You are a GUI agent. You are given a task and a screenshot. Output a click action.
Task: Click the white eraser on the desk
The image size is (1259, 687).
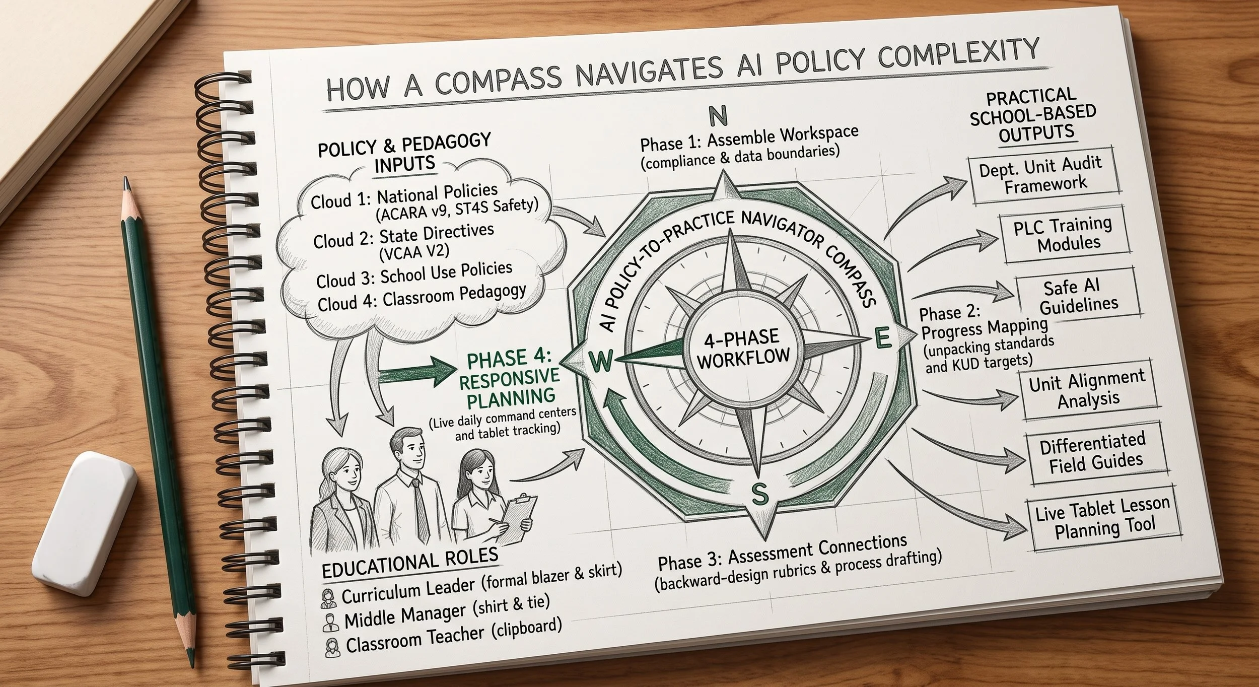click(85, 524)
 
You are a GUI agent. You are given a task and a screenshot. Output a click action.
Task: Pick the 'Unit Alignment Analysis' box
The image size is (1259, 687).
click(1089, 390)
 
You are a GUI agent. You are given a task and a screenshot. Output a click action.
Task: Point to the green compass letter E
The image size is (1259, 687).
click(882, 338)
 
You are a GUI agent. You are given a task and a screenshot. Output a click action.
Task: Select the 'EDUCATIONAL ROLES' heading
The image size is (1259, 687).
click(409, 562)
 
